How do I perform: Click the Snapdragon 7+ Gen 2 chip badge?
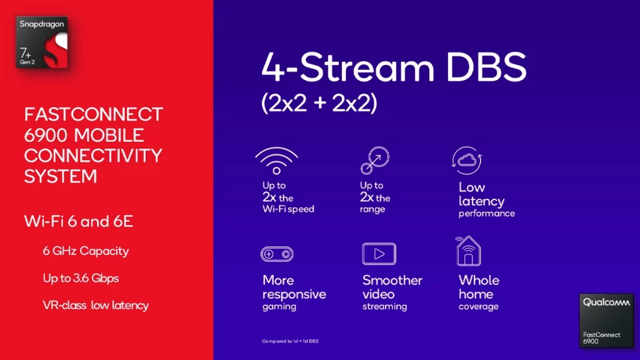click(42, 42)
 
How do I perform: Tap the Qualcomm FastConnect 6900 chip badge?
click(606, 321)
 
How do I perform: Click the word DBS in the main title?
click(486, 67)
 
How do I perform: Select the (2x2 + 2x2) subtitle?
click(319, 103)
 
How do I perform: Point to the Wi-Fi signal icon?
click(277, 161)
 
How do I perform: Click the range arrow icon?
click(375, 161)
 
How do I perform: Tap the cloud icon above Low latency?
click(467, 161)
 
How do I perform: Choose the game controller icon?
click(277, 254)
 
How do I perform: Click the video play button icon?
click(379, 254)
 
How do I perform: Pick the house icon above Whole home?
click(468, 251)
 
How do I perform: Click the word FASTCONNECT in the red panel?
click(94, 114)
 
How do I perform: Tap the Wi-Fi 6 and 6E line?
click(78, 221)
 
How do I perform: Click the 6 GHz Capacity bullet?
click(86, 251)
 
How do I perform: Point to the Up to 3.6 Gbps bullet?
click(81, 278)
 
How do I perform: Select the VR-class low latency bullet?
click(96, 305)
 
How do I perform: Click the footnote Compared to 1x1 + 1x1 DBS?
click(290, 341)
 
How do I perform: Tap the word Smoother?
click(392, 281)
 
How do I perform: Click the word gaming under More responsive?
click(279, 307)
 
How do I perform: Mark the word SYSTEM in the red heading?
click(61, 176)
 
